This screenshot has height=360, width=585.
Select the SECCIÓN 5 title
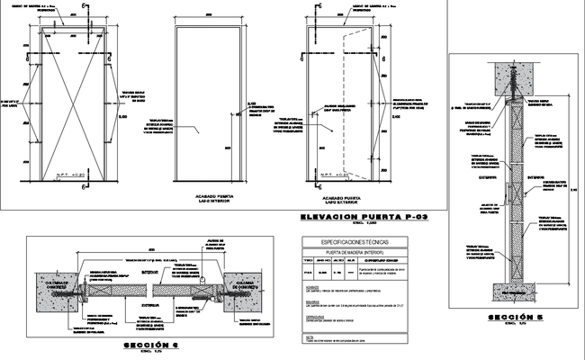(x=508, y=318)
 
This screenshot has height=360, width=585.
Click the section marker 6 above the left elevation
(x=84, y=7)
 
